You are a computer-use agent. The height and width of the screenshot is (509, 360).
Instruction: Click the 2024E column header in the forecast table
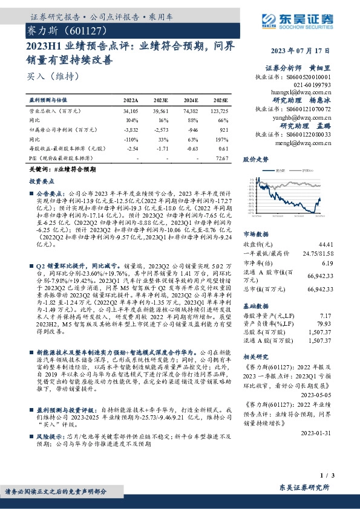(x=191, y=100)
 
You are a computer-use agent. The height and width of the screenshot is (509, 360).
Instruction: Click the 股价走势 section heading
(x=255, y=160)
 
